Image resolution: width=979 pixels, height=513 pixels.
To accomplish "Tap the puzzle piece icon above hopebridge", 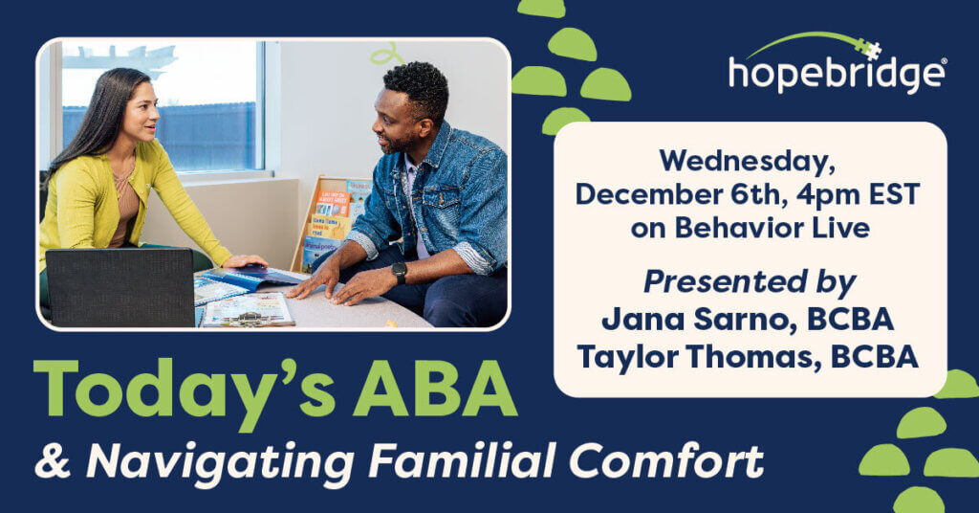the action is pos(870,49).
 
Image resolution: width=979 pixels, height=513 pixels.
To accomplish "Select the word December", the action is pos(651,194).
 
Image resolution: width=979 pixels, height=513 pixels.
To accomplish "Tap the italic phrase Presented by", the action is pos(750,282).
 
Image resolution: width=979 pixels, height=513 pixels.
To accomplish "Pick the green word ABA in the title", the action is pos(435,388).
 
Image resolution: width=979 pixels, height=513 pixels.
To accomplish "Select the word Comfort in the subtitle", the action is pos(666,461).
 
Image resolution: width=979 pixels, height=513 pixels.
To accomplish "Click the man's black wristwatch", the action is pos(399,272).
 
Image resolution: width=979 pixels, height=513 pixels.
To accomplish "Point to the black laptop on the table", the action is pos(120,287).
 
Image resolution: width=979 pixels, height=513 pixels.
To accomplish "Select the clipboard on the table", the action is pos(249,309).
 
